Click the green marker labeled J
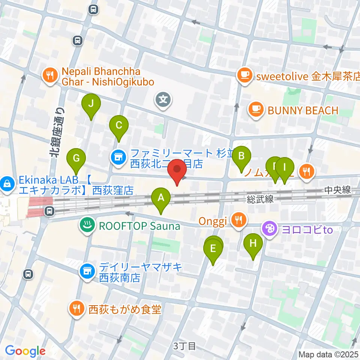(x=91, y=103)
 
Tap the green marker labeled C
(x=119, y=126)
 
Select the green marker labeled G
(x=76, y=158)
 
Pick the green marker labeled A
(x=161, y=198)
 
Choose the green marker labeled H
(x=253, y=243)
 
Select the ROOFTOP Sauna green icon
(x=87, y=226)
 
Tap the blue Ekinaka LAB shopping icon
(x=7, y=183)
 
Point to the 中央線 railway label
(x=337, y=190)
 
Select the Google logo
(x=25, y=351)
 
